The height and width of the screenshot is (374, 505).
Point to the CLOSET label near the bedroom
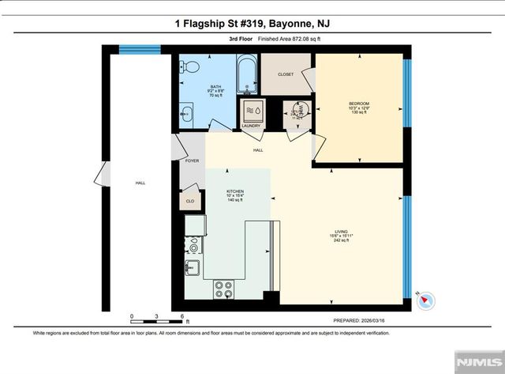coord(286,74)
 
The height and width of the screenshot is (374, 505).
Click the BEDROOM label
coord(359,104)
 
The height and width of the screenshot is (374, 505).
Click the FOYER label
coord(192,161)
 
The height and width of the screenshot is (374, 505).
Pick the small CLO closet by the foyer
coord(190,201)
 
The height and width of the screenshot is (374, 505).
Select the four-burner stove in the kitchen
coord(223,289)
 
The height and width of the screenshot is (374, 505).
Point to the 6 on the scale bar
coord(182,315)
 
